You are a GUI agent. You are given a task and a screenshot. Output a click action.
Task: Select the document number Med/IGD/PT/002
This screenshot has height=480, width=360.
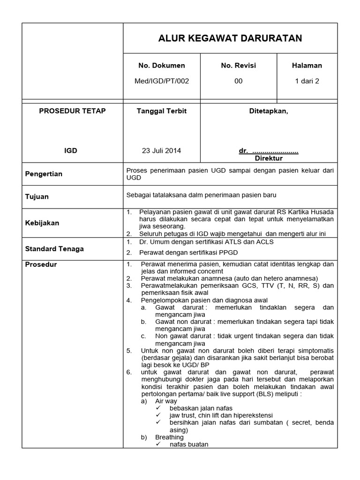tap(162, 81)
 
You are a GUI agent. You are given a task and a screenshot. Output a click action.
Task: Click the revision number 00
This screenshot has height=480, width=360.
tap(239, 81)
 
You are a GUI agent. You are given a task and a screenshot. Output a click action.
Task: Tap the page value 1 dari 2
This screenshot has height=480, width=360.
tap(307, 81)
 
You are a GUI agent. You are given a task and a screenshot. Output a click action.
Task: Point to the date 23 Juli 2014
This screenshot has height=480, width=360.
tap(162, 151)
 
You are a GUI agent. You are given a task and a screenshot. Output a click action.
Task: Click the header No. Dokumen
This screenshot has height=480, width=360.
tap(162, 66)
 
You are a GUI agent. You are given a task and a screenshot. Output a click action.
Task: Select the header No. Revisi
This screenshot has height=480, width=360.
tap(239, 66)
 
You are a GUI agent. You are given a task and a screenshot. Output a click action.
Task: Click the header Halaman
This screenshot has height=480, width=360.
tap(307, 66)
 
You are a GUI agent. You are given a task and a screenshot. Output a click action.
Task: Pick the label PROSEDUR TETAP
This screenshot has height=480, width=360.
tap(72, 111)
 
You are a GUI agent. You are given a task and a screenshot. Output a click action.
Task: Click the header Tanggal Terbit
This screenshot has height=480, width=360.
tap(162, 111)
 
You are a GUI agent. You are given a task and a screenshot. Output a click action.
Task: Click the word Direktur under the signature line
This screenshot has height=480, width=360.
tap(269, 158)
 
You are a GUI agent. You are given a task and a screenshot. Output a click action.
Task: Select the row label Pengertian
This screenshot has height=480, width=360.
tap(44, 174)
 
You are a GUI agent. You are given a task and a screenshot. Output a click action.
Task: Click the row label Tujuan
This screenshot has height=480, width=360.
tap(37, 197)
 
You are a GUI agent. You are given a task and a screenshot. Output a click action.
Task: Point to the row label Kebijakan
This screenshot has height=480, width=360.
tap(42, 223)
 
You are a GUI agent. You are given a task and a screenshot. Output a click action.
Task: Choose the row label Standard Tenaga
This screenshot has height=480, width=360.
tap(54, 249)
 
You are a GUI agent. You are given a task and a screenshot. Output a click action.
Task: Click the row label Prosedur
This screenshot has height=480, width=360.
tap(41, 265)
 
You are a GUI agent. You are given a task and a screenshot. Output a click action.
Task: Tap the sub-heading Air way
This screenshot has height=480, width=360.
tap(166, 401)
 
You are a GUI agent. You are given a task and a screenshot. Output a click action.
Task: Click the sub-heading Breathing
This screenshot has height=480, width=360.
tap(169, 437)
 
